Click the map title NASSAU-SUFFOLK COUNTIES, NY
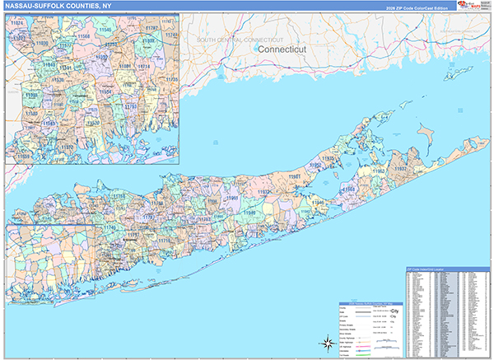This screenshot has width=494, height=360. (57, 6)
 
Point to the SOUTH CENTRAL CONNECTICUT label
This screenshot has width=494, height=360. (240, 40)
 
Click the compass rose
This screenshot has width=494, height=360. (326, 340)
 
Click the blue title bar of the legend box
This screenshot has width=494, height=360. (370, 301)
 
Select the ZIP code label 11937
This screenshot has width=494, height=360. (400, 168)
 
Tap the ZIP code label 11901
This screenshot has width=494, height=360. (293, 175)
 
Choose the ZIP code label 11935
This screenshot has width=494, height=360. (329, 157)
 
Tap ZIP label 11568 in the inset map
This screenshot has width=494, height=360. (84, 37)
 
